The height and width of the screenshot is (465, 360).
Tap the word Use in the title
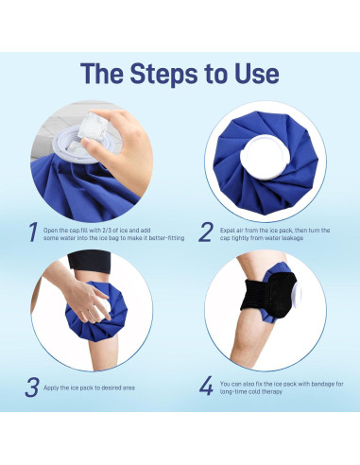pyautogui.click(x=256, y=73)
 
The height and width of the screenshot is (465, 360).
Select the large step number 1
pyautogui.click(x=33, y=232)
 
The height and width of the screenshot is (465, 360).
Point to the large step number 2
pyautogui.click(x=206, y=232)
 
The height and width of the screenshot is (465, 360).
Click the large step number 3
pyautogui.click(x=32, y=387)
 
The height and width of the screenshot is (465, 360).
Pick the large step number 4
pyautogui.click(x=206, y=387)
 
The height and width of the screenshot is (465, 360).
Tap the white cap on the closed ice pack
pyautogui.click(x=265, y=157)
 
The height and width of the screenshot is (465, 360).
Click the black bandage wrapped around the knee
pyautogui.click(x=268, y=295)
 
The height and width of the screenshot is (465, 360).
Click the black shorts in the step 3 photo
pyautogui.click(x=89, y=261)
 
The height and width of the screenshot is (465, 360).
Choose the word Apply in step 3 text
pyautogui.click(x=51, y=387)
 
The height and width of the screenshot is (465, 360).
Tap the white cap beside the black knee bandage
pyautogui.click(x=297, y=294)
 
